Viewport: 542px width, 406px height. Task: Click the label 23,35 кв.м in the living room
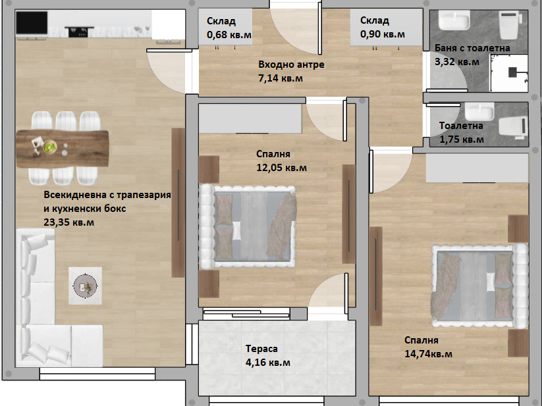pyautogui.click(x=68, y=222)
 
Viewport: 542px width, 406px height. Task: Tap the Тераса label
pyautogui.click(x=261, y=349)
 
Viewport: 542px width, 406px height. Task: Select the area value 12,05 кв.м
pyautogui.click(x=281, y=168)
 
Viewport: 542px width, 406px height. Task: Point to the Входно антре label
pyautogui.click(x=291, y=64)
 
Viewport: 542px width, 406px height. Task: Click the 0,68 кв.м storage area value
pyautogui.click(x=229, y=35)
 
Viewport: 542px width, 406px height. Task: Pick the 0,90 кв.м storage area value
pyautogui.click(x=383, y=34)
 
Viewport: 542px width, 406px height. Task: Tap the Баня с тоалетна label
pyautogui.click(x=472, y=48)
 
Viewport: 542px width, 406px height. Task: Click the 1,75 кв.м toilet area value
pyautogui.click(x=462, y=140)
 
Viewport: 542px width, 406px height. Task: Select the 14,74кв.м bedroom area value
pyautogui.click(x=428, y=354)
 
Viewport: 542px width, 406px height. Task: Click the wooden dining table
pyautogui.click(x=63, y=149)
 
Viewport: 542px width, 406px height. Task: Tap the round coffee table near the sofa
pyautogui.click(x=85, y=286)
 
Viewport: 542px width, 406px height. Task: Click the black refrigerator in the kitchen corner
pyautogui.click(x=32, y=23)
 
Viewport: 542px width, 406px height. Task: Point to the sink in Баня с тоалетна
pyautogui.click(x=454, y=20)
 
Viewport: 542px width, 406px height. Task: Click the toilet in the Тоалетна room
pyautogui.click(x=514, y=128)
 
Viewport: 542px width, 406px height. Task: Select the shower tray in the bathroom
pyautogui.click(x=509, y=73)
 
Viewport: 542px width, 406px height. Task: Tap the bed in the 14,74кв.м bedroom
pyautogui.click(x=480, y=286)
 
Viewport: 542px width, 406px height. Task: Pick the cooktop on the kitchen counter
pyautogui.click(x=78, y=32)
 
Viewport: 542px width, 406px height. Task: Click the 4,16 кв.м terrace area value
pyautogui.click(x=268, y=363)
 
